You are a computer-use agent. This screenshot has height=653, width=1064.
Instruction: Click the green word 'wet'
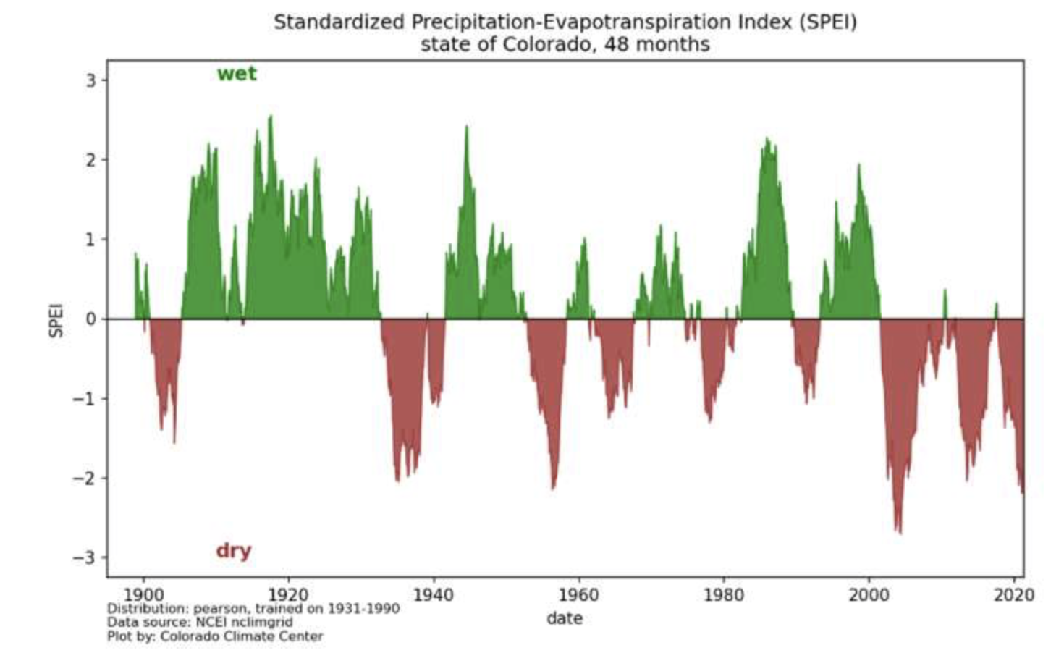coord(237,74)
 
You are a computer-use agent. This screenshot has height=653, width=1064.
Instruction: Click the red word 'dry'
coord(233,550)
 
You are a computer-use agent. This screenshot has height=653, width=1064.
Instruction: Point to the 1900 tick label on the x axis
coord(143,595)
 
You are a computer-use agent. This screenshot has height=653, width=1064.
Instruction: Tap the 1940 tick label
coord(433,595)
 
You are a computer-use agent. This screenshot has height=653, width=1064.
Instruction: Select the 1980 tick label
coord(723,595)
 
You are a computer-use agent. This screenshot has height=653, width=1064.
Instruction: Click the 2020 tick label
coord(1013,595)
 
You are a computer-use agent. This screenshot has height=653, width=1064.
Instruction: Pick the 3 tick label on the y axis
coord(90,80)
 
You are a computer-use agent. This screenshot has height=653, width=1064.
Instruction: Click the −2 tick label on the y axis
coord(85,478)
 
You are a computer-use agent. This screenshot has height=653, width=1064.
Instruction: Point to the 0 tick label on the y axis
coord(90,319)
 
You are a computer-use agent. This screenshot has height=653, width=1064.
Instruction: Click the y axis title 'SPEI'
coord(56,319)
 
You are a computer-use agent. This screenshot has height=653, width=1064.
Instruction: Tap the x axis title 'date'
coord(565,618)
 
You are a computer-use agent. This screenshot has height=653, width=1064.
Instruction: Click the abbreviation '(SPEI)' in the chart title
coord(828,22)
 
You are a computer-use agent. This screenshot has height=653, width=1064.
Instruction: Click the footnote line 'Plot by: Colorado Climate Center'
coord(215,636)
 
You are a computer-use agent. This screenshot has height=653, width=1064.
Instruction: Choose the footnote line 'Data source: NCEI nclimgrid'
coord(200,622)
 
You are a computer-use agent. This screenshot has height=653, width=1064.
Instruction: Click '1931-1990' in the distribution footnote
coord(363,608)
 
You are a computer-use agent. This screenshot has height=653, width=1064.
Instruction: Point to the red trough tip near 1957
coord(553,487)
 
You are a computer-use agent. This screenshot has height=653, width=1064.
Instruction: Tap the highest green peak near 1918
coord(271,118)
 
